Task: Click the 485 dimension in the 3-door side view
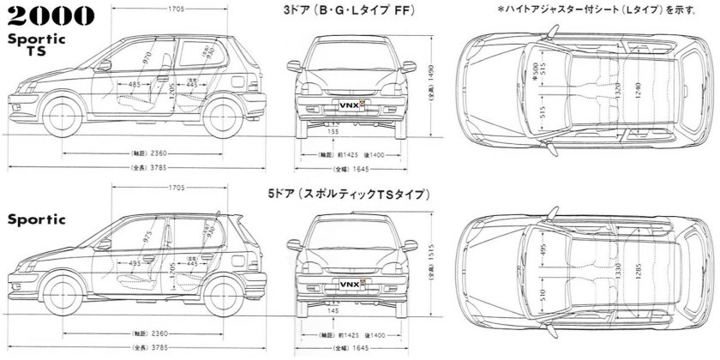135,85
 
